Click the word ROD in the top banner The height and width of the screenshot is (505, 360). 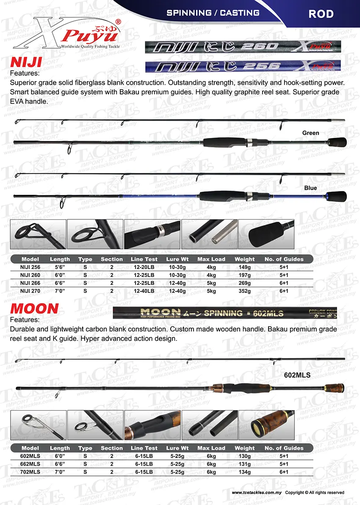click(x=321, y=14)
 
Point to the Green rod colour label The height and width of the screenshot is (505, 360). click(x=310, y=133)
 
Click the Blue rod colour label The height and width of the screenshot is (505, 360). click(x=310, y=188)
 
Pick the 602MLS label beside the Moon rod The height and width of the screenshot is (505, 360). click(x=297, y=375)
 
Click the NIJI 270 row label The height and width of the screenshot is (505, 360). click(x=30, y=291)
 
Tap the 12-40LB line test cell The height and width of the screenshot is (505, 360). click(x=144, y=291)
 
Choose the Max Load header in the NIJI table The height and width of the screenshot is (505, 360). click(x=211, y=259)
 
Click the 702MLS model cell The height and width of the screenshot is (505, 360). click(x=30, y=472)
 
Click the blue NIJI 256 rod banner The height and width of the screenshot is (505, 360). click(x=243, y=66)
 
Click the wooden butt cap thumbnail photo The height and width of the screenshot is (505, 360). click(x=266, y=425)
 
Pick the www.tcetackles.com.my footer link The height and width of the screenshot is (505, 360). click(x=257, y=493)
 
